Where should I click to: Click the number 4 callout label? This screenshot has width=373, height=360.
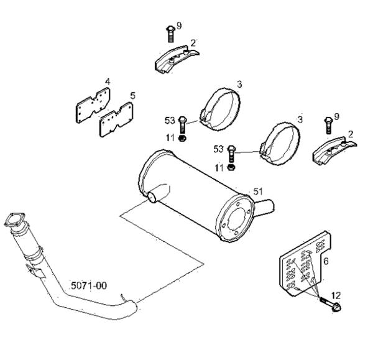click(x=108, y=81)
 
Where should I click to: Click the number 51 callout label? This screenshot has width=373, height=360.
click(x=258, y=192)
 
